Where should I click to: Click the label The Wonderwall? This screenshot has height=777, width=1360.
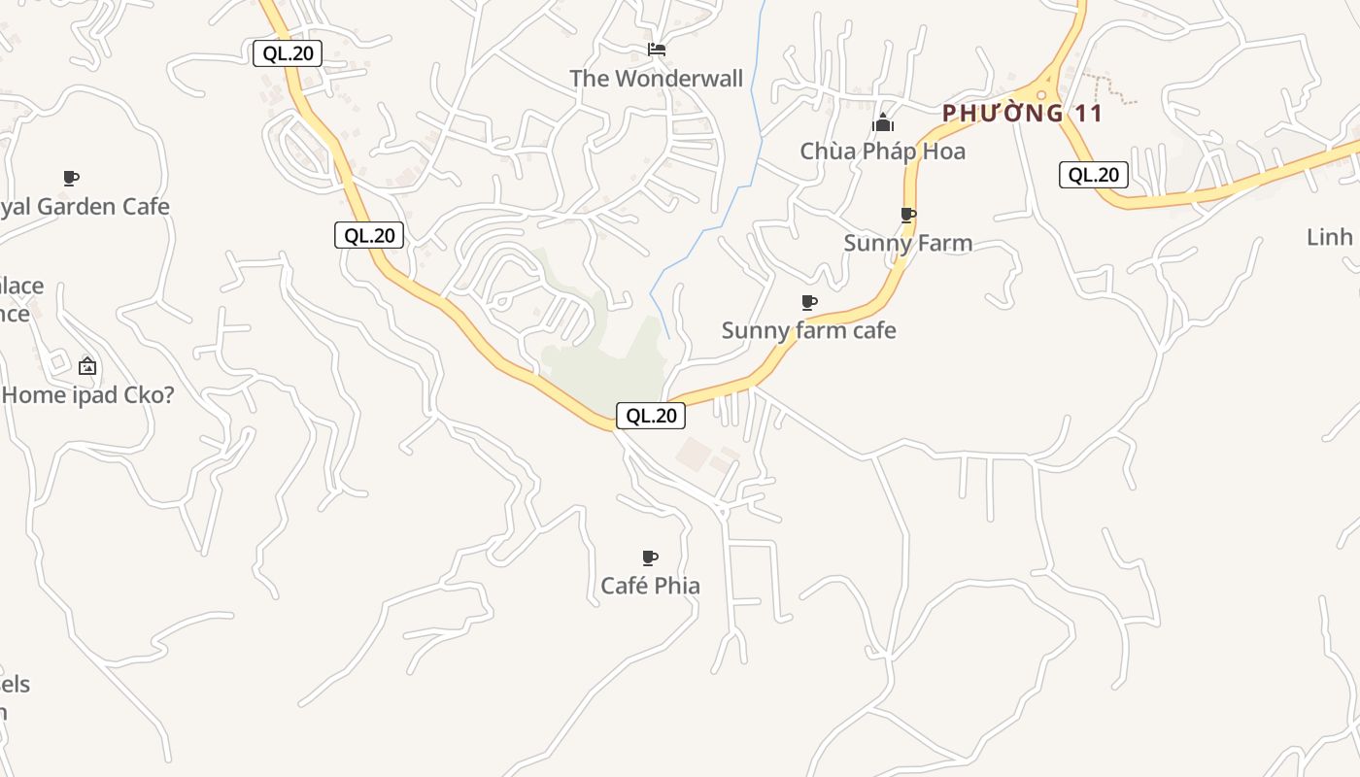pyautogui.click(x=656, y=79)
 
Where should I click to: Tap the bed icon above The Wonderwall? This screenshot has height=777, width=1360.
pyautogui.click(x=657, y=50)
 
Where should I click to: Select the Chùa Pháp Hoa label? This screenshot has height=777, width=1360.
pyautogui.click(x=882, y=152)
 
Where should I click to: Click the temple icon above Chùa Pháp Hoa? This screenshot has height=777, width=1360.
pyautogui.click(x=882, y=122)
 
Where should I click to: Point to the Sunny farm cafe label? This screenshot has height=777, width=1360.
pyautogui.click(x=808, y=330)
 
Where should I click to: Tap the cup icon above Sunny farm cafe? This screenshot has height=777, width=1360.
pyautogui.click(x=809, y=302)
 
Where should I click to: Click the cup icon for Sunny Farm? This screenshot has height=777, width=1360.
pyautogui.click(x=908, y=215)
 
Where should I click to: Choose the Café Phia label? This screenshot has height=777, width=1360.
pyautogui.click(x=650, y=586)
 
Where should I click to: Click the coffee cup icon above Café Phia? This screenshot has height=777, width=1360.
pyautogui.click(x=650, y=557)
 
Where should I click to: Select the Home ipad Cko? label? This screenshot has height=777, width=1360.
pyautogui.click(x=87, y=395)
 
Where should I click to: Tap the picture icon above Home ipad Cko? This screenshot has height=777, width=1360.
pyautogui.click(x=87, y=366)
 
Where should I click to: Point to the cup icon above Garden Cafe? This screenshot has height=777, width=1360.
pyautogui.click(x=70, y=178)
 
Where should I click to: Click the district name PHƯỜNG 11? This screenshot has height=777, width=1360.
pyautogui.click(x=1022, y=114)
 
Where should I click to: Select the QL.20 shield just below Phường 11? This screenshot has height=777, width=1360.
pyautogui.click(x=1094, y=175)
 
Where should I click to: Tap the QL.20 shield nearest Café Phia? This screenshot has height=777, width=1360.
pyautogui.click(x=651, y=416)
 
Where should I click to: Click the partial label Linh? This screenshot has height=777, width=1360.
pyautogui.click(x=1330, y=237)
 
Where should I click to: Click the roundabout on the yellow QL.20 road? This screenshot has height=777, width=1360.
pyautogui.click(x=1041, y=94)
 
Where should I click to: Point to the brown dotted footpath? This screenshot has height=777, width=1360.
pyautogui.click(x=1112, y=87)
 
